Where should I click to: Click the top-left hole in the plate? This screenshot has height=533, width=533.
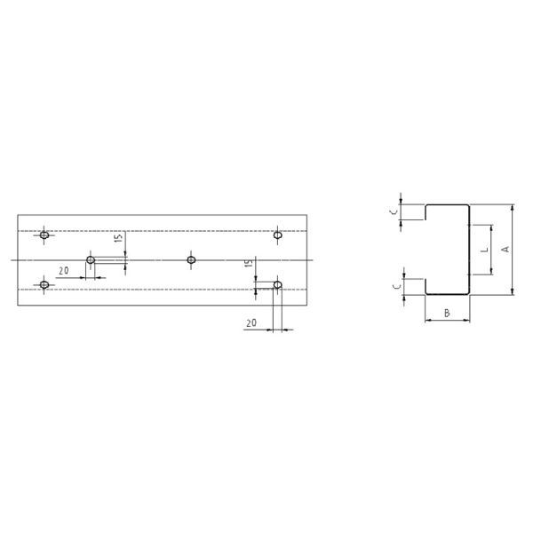point(44,235)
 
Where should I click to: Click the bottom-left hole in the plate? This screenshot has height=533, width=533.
point(44,285)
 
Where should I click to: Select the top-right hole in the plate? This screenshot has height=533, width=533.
point(278,235)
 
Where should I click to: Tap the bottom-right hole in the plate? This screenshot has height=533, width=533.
point(278,285)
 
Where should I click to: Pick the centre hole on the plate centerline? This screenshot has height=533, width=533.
point(191,260)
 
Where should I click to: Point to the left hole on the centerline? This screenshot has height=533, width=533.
point(91,260)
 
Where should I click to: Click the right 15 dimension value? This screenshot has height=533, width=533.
point(250,264)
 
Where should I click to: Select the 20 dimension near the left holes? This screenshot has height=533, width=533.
point(64,270)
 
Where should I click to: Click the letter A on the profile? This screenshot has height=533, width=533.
point(505,250)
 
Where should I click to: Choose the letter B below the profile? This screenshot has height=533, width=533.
point(447,313)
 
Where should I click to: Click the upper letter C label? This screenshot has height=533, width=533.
point(394,211)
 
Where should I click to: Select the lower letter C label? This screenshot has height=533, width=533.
point(394,285)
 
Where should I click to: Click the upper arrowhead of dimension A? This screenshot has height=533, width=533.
point(513,208)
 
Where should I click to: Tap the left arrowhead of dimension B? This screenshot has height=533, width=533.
point(427,320)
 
